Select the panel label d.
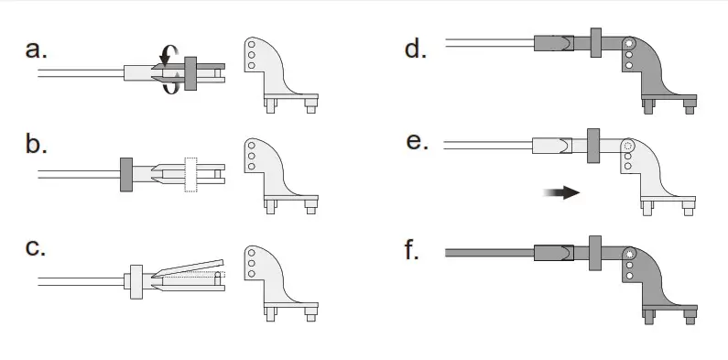point(416,49)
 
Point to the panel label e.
point(416,144)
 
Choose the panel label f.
point(414,249)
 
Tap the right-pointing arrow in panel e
point(560,192)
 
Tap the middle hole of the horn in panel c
point(252,264)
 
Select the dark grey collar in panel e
point(592,145)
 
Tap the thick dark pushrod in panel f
point(485,250)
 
